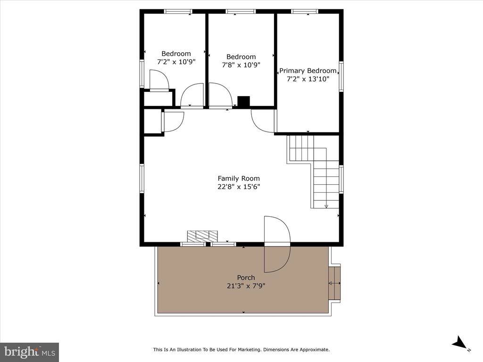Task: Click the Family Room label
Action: coord(238,178)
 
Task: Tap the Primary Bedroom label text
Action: coord(308,71)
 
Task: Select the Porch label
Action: coord(246,278)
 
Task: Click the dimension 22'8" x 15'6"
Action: coord(238,186)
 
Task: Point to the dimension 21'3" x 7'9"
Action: coord(246,286)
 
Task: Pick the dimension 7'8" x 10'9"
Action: coord(241,65)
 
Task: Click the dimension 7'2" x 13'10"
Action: coord(308,79)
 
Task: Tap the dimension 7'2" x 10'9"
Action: coord(176,62)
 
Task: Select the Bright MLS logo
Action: coord(29,352)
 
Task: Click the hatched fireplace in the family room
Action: coord(203,235)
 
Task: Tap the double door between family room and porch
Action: coord(277,244)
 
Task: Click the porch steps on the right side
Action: coord(334,283)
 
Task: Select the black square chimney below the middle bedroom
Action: coord(243,102)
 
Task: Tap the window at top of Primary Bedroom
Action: coord(305,11)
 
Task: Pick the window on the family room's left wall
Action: coord(142,178)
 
